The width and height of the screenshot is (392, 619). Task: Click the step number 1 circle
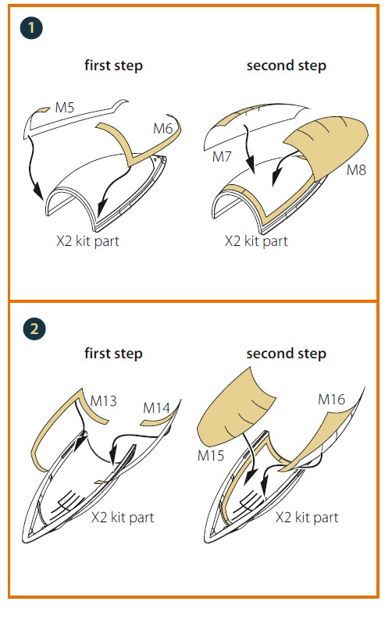(31, 27)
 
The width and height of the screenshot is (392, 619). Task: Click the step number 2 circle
(34, 329)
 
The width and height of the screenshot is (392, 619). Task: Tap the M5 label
(65, 108)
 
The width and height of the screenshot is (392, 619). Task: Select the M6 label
(162, 129)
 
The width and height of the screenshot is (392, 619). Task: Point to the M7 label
(222, 157)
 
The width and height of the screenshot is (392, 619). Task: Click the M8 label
(357, 170)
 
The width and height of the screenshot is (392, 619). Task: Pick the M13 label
(103, 401)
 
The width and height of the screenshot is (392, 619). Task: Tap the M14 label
(156, 407)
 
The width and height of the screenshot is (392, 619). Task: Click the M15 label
(211, 456)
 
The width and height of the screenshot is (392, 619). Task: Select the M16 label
(332, 400)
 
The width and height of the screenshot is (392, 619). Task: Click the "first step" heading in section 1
(114, 65)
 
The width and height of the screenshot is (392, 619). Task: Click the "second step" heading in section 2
(287, 354)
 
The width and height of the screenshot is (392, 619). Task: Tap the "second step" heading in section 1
(287, 65)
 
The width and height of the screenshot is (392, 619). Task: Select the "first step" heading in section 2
(114, 354)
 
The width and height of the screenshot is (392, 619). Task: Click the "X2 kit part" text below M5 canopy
(87, 241)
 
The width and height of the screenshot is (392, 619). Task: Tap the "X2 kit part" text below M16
(307, 518)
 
